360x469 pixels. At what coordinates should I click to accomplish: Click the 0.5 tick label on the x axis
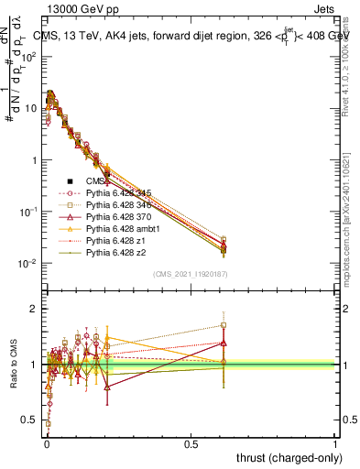[191, 443]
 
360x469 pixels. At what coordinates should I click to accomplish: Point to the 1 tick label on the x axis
[335, 443]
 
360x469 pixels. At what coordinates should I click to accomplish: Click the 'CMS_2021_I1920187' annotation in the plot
[190, 274]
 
